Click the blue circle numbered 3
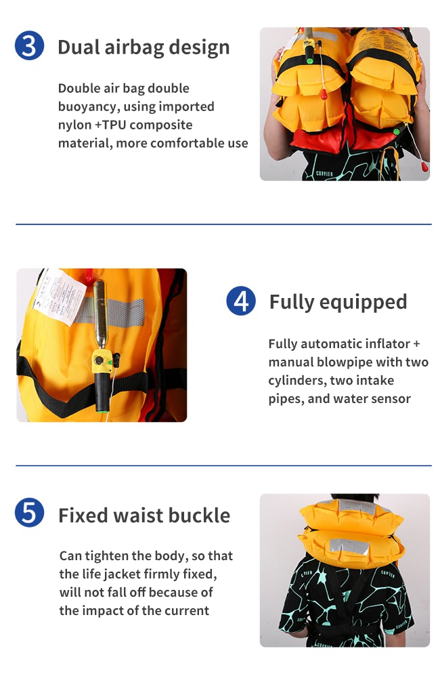pyautogui.click(x=29, y=45)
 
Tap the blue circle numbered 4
pyautogui.click(x=241, y=301)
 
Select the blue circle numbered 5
pyautogui.click(x=29, y=513)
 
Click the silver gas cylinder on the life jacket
pyautogui.click(x=100, y=314)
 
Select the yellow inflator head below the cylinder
pyautogui.click(x=102, y=361)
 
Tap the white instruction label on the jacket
pyautogui.click(x=60, y=293)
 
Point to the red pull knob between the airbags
pyautogui.click(x=324, y=94)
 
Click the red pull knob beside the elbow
pyautogui.click(x=424, y=167)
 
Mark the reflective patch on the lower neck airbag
pyautogui.click(x=350, y=547)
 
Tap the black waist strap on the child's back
pyautogui.click(x=345, y=631)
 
